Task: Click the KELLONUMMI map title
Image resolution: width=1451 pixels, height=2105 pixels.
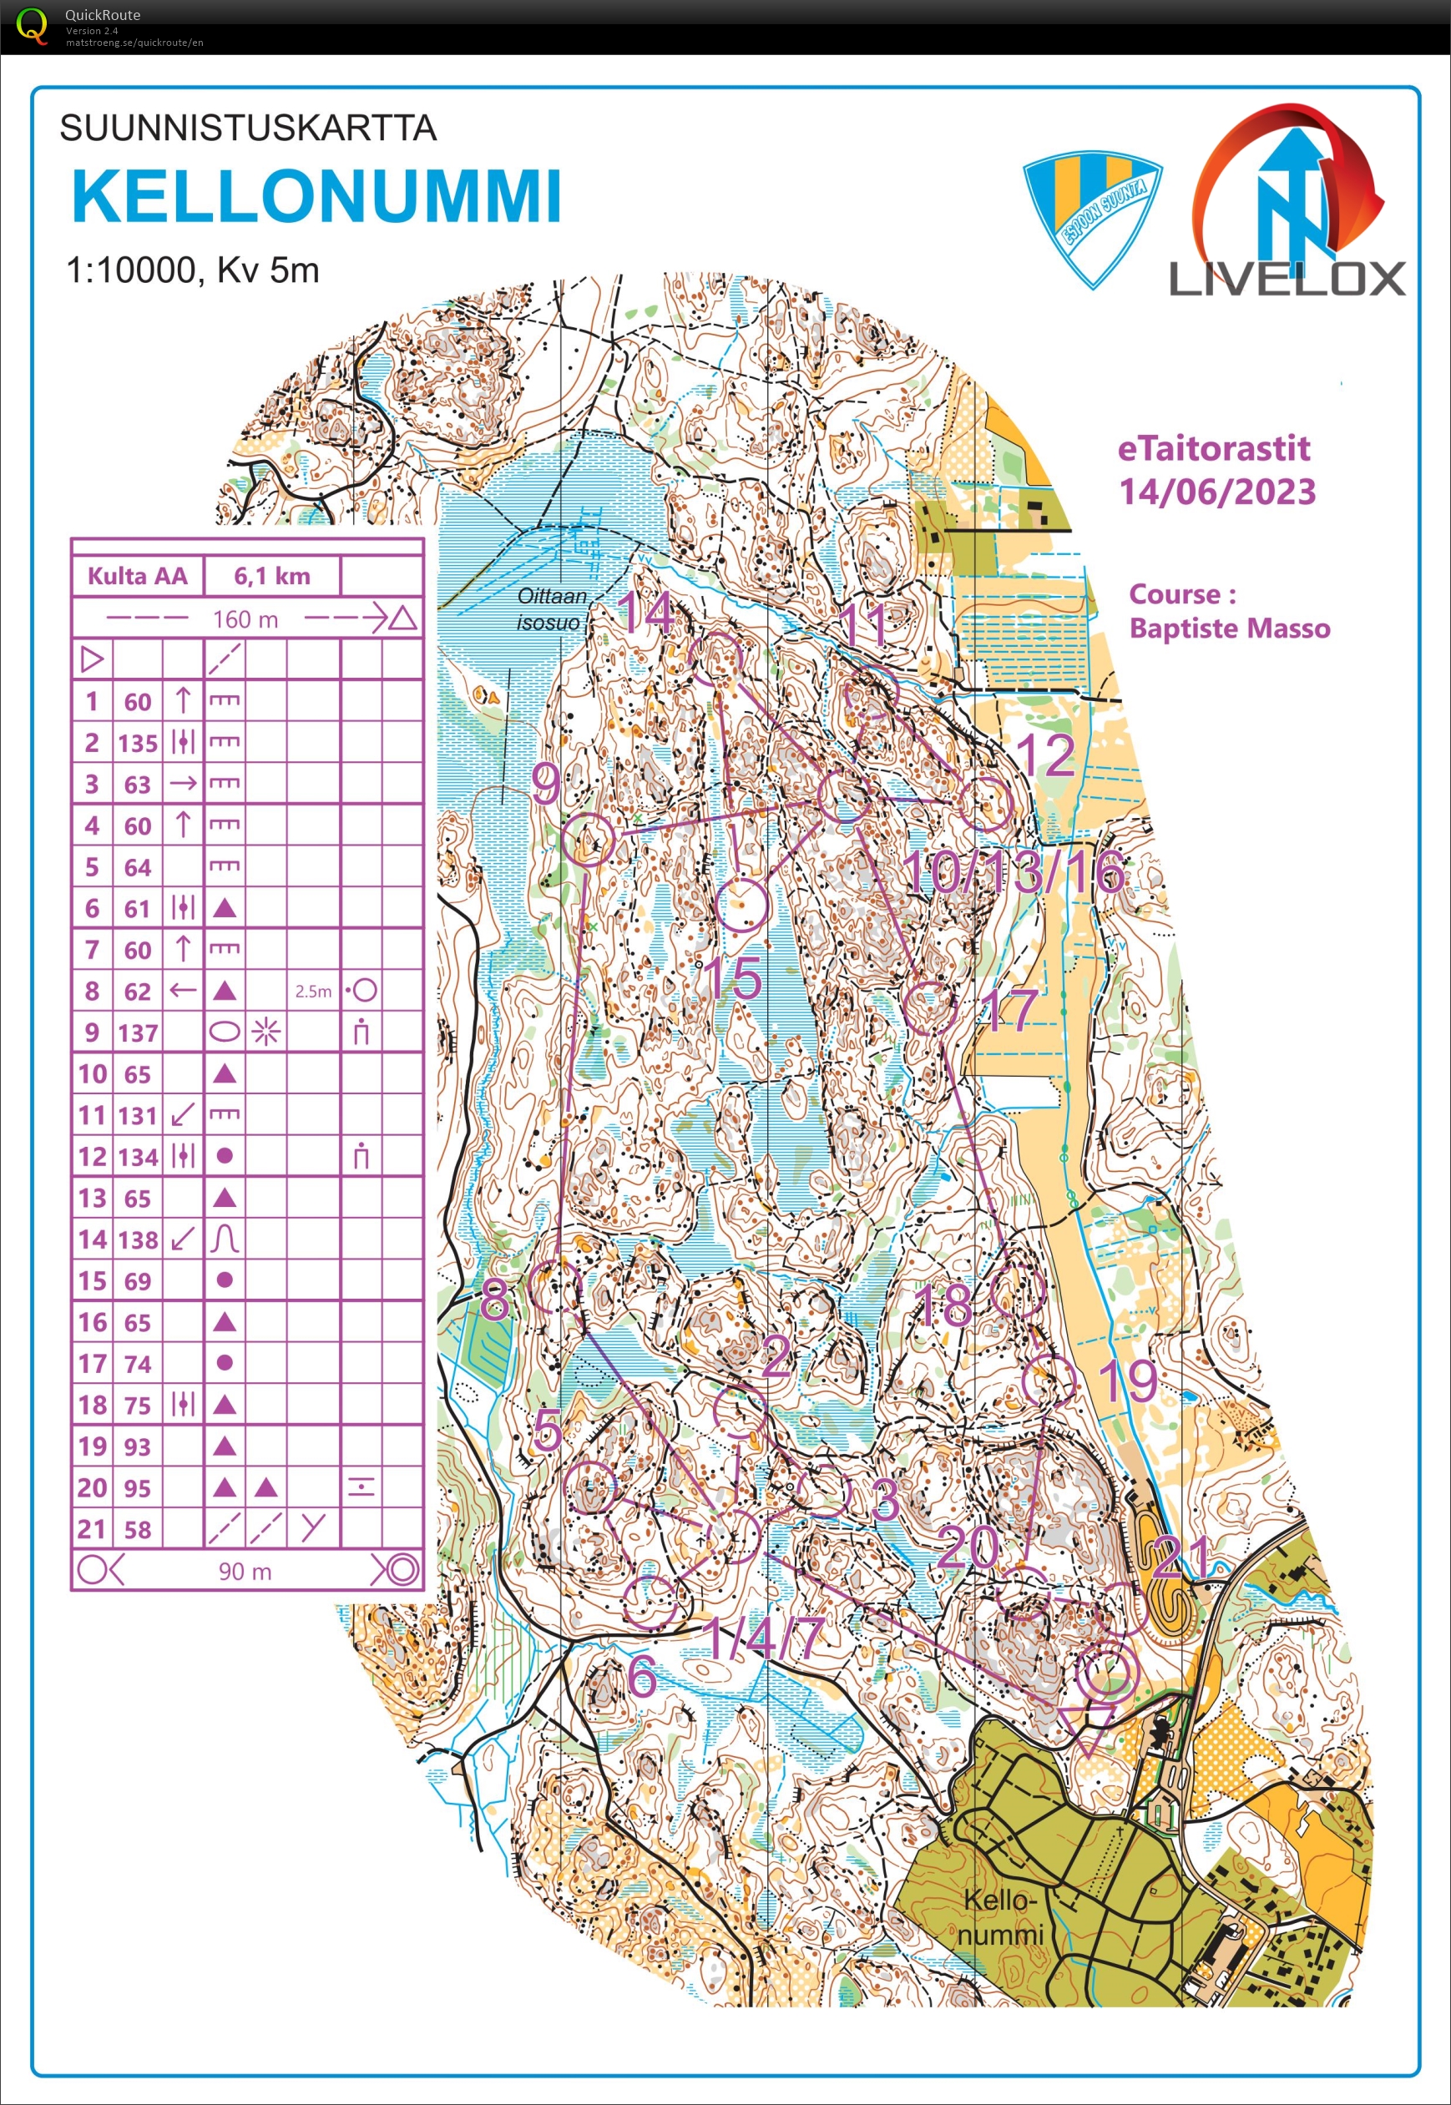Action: point(316,195)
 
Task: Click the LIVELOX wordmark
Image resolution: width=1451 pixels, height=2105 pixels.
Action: point(1287,278)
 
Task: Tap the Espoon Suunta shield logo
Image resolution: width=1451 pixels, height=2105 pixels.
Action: point(1092,218)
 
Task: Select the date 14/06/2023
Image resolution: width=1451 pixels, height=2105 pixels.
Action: point(1216,492)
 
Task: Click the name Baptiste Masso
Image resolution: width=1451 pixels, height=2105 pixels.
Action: point(1229,628)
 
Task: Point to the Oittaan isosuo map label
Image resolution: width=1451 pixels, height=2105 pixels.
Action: point(551,608)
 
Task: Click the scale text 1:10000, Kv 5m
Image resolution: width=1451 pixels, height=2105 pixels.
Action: point(193,270)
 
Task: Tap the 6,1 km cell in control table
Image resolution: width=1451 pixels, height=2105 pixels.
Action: point(272,575)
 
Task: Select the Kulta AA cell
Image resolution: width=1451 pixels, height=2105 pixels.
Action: point(137,575)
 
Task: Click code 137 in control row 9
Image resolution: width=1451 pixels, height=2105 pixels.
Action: point(137,1032)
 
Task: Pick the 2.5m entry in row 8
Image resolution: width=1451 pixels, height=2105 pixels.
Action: point(313,991)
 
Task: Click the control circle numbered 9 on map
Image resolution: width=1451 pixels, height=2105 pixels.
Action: point(589,839)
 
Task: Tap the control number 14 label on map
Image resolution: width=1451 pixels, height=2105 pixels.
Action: point(646,612)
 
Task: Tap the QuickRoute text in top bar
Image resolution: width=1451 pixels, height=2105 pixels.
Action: point(102,14)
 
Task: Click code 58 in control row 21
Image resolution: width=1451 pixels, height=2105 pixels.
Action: point(137,1529)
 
